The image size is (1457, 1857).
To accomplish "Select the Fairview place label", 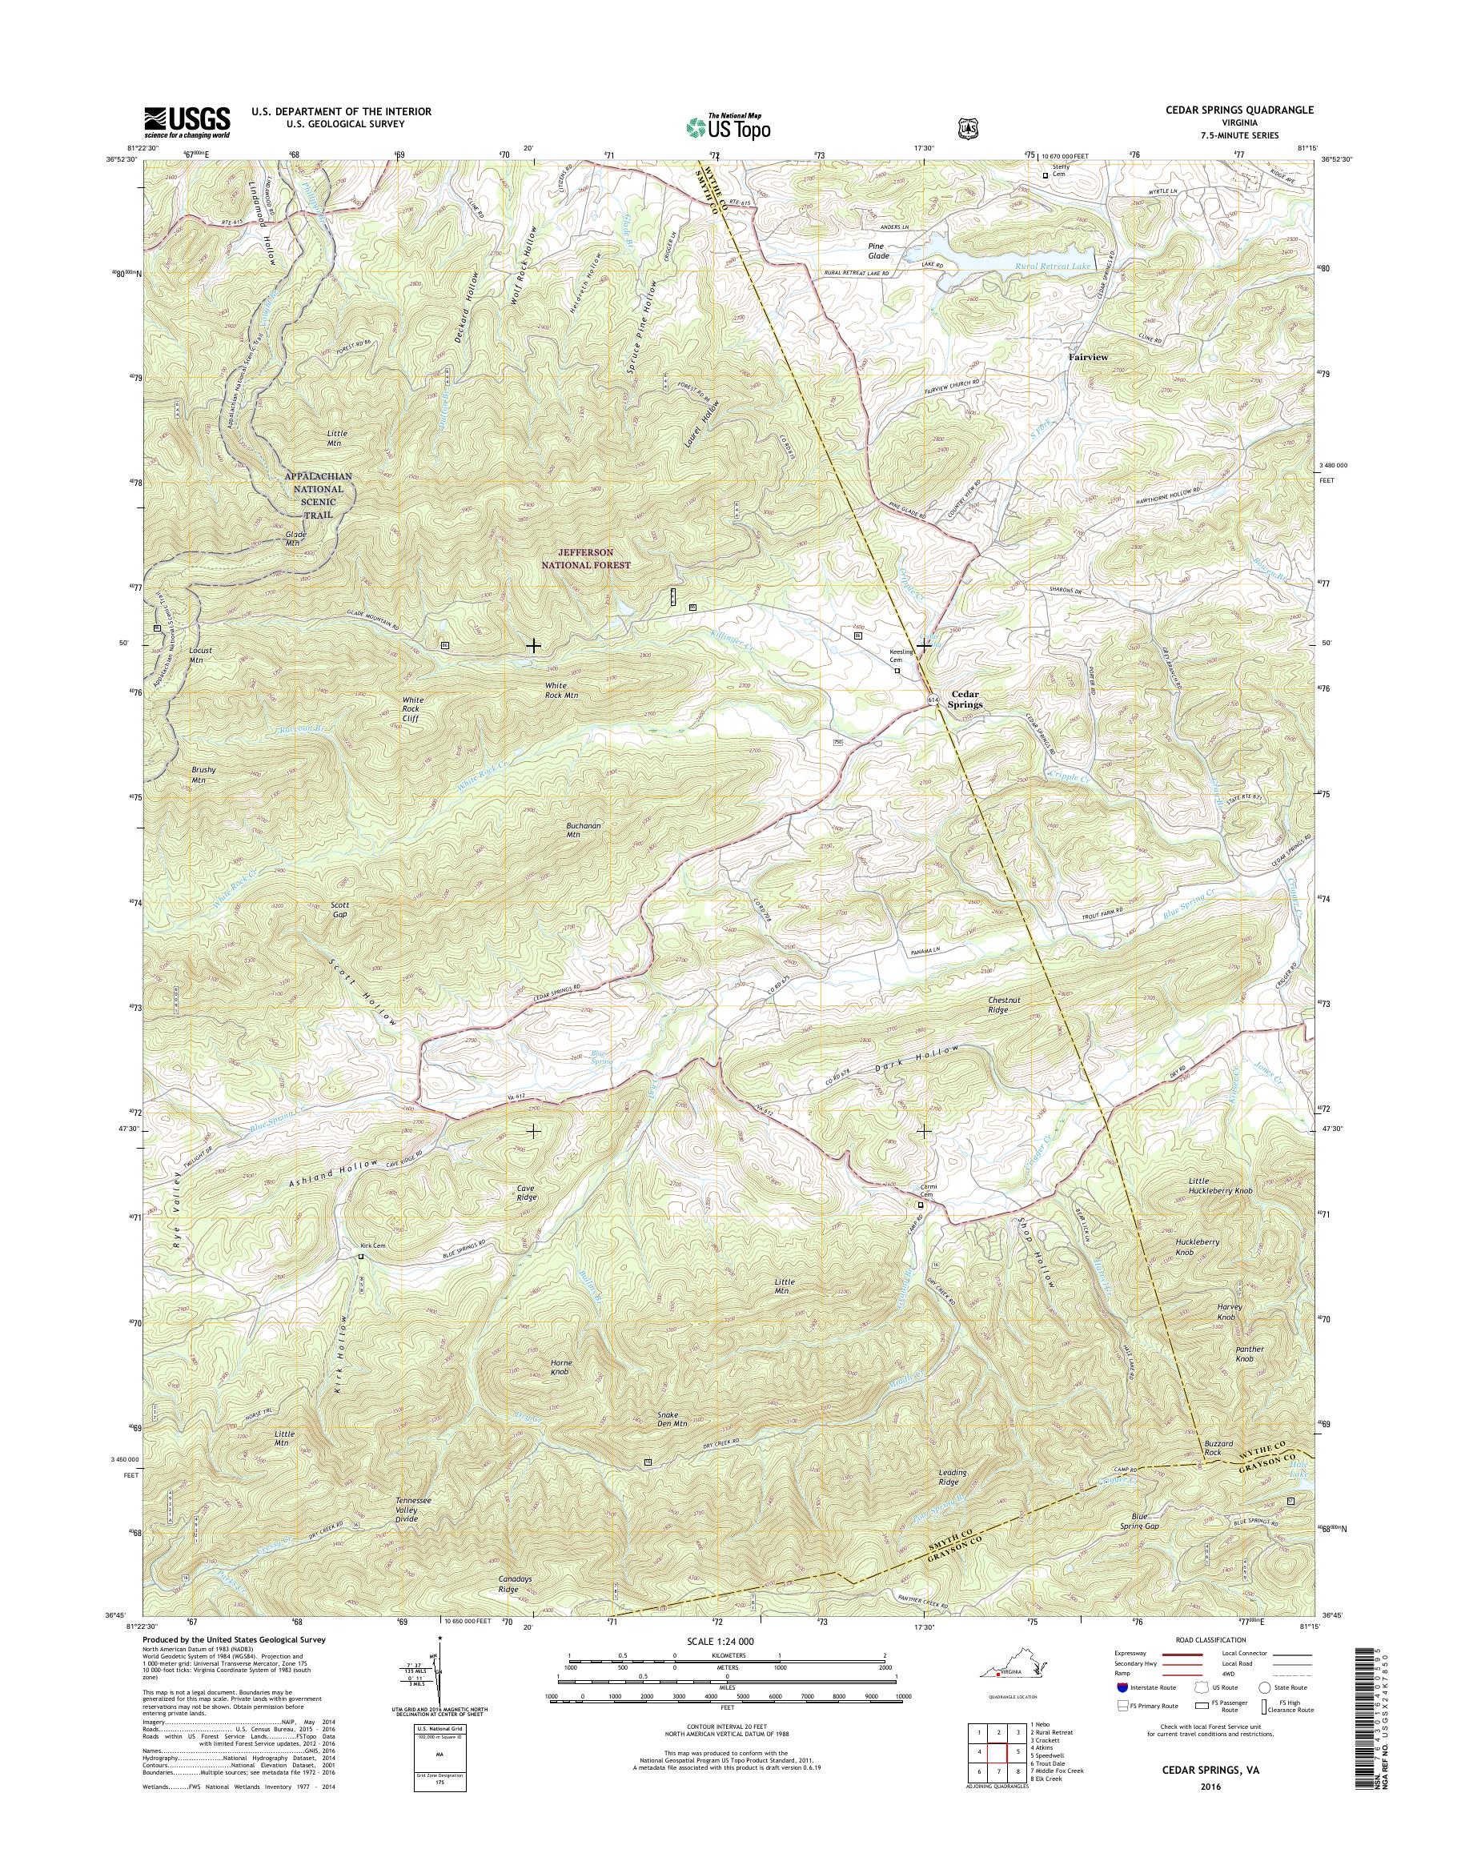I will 1089,358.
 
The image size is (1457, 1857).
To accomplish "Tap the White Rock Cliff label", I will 412,709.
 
